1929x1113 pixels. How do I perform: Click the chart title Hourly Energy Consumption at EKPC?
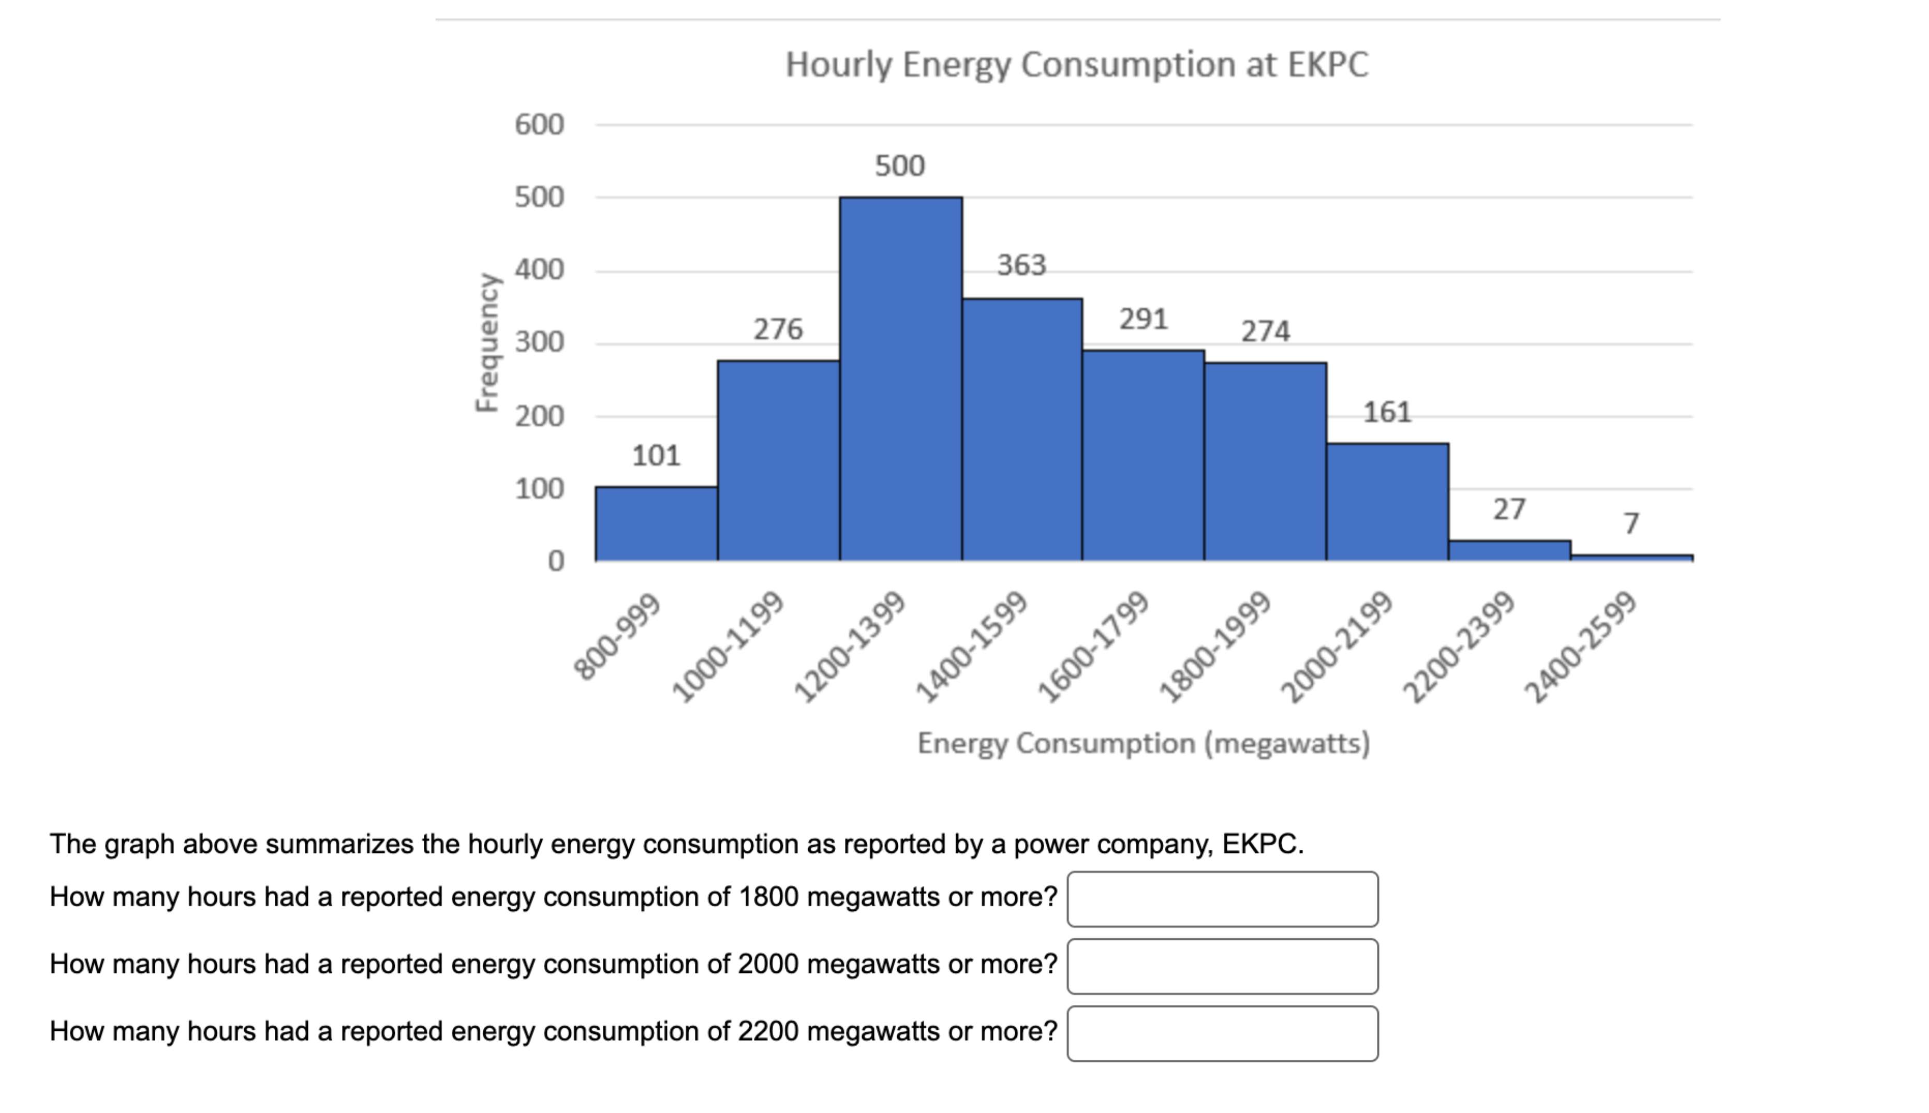click(x=1076, y=64)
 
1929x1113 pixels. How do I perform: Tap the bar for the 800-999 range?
click(x=656, y=523)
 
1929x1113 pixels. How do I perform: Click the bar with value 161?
click(x=1387, y=502)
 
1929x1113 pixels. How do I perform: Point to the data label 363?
click(x=1021, y=265)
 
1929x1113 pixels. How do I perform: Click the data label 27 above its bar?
click(x=1509, y=509)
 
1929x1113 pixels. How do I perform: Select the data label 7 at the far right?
click(x=1631, y=523)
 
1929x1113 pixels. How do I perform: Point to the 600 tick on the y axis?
click(x=539, y=125)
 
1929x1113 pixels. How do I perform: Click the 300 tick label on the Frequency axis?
click(x=539, y=342)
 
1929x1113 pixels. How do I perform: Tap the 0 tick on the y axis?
click(x=556, y=561)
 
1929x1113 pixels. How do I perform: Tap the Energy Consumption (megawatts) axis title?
click(x=1143, y=743)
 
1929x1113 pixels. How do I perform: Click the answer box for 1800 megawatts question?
click(x=1222, y=899)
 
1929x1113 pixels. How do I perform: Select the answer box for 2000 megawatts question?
click(x=1222, y=966)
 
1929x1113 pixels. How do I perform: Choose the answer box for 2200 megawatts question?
click(x=1222, y=1033)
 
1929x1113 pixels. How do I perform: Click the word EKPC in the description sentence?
click(x=1260, y=844)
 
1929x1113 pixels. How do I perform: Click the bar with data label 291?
click(x=1143, y=455)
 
